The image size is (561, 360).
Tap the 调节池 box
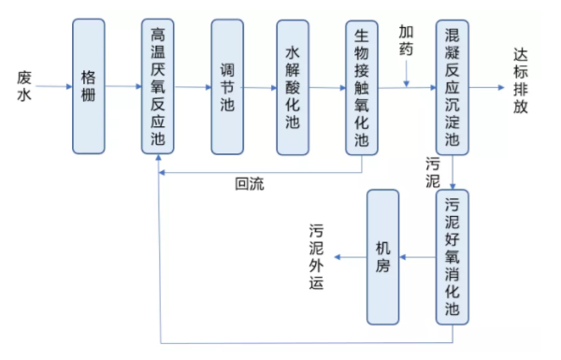226,86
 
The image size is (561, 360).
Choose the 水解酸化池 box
293,86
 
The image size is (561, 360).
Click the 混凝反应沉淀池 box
453,86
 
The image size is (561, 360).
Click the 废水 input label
25,85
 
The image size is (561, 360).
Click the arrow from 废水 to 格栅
55,87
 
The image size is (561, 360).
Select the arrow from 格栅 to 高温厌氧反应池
123,87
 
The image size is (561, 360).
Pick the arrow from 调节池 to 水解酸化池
260,87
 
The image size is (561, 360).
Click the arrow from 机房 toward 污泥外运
350,257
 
